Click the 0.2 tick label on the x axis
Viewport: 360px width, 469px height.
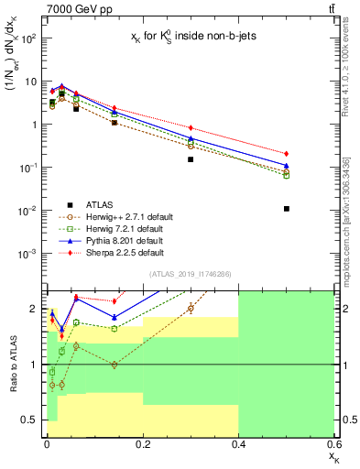[x=143, y=444]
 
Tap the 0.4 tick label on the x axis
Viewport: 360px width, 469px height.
[x=238, y=444]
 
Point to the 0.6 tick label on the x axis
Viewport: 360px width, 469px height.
[x=333, y=444]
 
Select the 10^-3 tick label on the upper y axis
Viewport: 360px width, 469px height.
[x=27, y=254]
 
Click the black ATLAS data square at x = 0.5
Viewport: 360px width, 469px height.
[x=286, y=209]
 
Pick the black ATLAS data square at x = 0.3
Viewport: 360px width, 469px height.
[x=191, y=159]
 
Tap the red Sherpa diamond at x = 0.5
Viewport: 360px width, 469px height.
[x=286, y=154]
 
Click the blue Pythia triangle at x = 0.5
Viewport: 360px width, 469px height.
[x=286, y=166]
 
